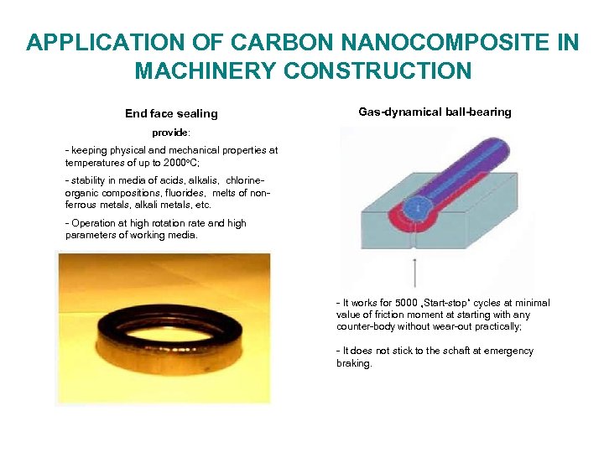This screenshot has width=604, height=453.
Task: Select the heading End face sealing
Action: [x=171, y=113]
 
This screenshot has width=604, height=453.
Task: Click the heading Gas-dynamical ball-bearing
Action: [x=435, y=112]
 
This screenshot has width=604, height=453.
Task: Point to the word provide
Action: [x=170, y=133]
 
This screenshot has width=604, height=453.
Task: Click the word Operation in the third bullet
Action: [x=95, y=223]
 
